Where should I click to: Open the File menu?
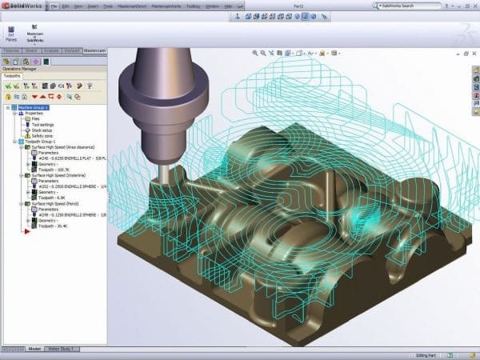[54, 5]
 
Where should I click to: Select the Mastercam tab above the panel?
[94, 50]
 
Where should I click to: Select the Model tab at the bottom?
[34, 349]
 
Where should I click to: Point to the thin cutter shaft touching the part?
[163, 169]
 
